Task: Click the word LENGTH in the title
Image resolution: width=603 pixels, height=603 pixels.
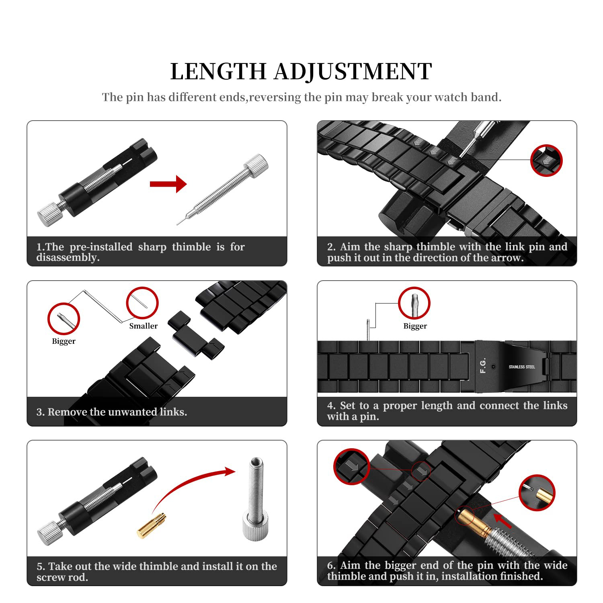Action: click(x=218, y=72)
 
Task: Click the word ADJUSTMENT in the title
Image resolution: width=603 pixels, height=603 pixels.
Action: click(x=353, y=72)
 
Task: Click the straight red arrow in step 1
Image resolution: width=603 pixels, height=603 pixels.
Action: click(x=168, y=184)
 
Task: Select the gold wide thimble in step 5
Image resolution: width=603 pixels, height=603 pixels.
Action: click(x=152, y=526)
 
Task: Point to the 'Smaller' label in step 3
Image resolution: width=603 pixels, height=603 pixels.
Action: click(x=143, y=326)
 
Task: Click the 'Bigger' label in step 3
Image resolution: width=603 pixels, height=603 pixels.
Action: click(x=64, y=341)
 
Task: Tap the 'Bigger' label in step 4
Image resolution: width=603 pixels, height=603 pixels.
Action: click(x=415, y=326)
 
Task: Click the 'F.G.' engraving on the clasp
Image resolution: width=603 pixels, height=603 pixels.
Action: click(x=483, y=365)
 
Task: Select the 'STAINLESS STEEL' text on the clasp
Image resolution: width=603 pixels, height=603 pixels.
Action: click(x=521, y=367)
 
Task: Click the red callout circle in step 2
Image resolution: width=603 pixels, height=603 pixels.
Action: click(x=546, y=160)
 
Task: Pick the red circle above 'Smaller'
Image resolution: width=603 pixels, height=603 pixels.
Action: click(x=142, y=303)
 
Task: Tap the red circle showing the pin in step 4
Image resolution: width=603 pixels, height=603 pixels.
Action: click(x=414, y=303)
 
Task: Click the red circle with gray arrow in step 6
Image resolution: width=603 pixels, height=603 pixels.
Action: click(x=351, y=466)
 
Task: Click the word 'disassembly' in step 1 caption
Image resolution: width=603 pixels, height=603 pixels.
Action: click(x=67, y=257)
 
